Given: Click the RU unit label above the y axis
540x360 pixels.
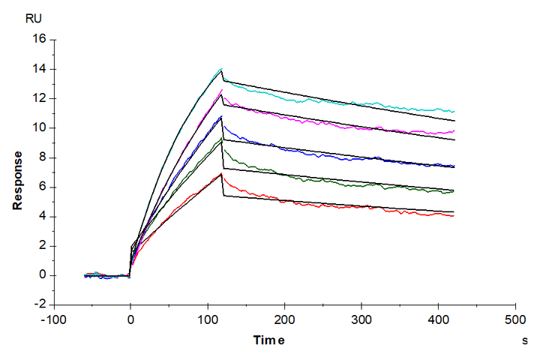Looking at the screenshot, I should coord(34,18).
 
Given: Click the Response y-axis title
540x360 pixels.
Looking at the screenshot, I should coord(17,179).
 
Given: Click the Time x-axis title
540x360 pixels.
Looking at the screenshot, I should coord(268,341).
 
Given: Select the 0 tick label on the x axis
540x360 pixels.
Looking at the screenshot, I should coord(130,319).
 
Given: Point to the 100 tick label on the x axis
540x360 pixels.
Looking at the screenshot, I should coord(208,319).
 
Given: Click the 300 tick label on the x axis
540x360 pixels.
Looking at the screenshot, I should coord(361,319).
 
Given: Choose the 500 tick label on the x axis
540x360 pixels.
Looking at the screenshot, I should coord(515,319).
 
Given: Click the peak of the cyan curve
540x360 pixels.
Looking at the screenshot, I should coord(220,69).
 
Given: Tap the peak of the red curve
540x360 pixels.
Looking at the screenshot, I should coord(221,174).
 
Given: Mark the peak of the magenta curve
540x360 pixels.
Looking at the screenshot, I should coord(221,91).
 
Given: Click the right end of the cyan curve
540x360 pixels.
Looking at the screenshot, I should coord(454,111).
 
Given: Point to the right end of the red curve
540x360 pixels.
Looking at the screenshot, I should coord(454,216).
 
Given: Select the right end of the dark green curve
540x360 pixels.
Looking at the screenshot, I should coord(454,190).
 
